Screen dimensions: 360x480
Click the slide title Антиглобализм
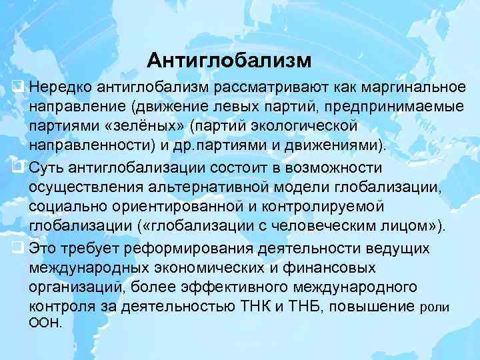point(229,61)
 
